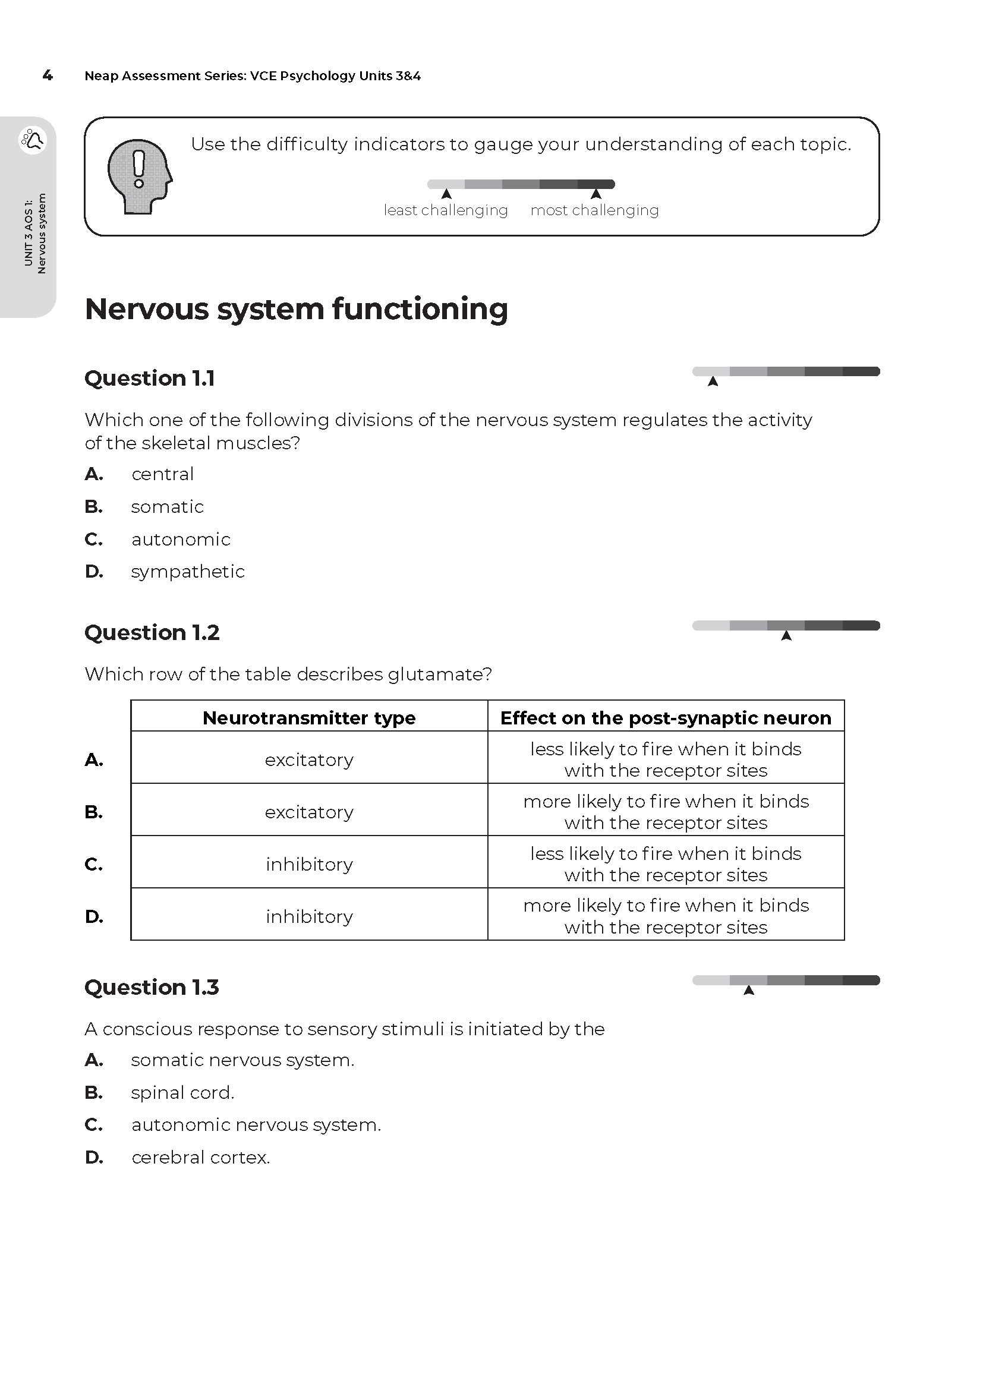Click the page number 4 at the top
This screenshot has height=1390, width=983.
48,75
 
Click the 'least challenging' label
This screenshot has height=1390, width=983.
446,210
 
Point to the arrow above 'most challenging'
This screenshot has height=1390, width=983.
596,194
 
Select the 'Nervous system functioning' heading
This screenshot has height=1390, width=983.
296,309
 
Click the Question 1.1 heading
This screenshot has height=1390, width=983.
150,379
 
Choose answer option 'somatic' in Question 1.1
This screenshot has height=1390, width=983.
167,507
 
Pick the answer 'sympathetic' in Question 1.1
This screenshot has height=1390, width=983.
188,572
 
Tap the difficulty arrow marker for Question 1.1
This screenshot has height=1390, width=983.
713,382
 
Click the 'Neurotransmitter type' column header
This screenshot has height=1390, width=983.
308,718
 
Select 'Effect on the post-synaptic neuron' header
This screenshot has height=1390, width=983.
665,718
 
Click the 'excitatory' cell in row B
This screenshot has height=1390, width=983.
308,812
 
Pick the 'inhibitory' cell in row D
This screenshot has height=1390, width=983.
308,916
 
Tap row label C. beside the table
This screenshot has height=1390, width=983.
94,865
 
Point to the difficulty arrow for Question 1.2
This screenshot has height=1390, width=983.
786,635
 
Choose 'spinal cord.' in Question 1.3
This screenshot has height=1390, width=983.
182,1093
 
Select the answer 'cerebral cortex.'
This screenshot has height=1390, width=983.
200,1158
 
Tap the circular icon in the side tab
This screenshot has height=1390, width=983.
33,140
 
